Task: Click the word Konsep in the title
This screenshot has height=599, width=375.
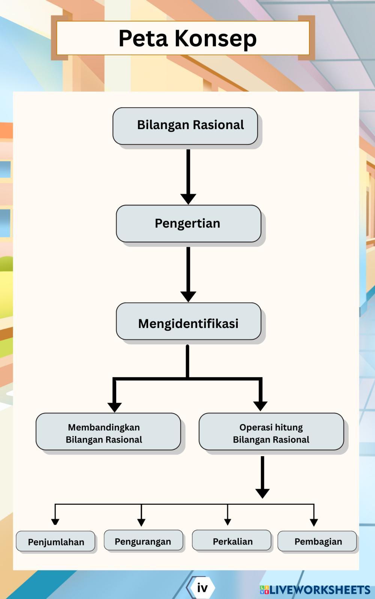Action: [x=216, y=38]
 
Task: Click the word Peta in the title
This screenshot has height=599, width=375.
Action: [x=143, y=38]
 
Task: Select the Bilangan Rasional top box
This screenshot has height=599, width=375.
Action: [x=185, y=126]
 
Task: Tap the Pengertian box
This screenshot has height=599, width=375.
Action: [x=188, y=223]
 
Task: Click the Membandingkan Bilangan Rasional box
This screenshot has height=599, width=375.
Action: [x=108, y=432]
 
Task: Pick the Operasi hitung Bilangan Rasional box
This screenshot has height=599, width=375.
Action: [x=271, y=432]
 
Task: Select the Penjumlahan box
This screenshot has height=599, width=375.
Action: [x=55, y=541]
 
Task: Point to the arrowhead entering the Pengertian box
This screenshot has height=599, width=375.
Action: [x=188, y=199]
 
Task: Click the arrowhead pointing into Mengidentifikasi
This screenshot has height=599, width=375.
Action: [x=188, y=296]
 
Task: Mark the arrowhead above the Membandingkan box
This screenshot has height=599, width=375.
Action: [x=114, y=407]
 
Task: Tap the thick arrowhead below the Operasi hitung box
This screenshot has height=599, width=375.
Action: [x=262, y=493]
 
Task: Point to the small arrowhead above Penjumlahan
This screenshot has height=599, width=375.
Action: [x=55, y=521]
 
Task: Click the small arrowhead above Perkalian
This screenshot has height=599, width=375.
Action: [x=228, y=522]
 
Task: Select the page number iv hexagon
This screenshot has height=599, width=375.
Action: [x=202, y=588]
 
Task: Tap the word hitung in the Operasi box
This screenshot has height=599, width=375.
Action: [x=288, y=427]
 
